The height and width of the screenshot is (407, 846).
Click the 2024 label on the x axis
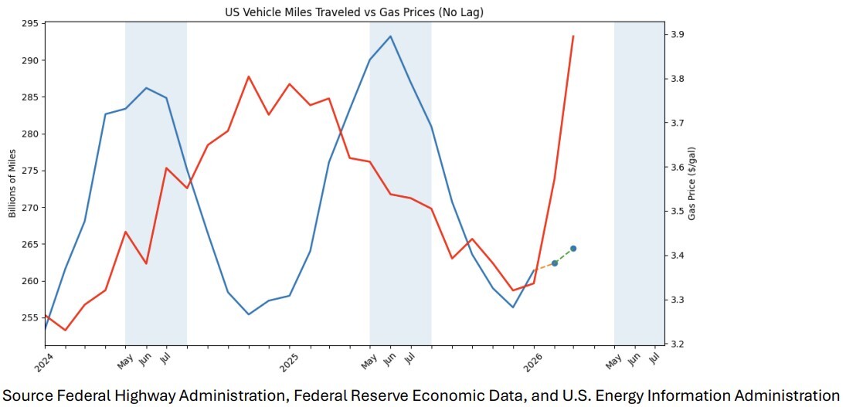coord(45,361)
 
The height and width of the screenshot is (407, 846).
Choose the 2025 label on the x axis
coord(289,361)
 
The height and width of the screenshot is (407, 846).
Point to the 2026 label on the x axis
coord(533,361)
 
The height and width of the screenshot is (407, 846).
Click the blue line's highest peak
coord(390,36)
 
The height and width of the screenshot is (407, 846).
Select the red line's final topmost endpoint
coord(573,36)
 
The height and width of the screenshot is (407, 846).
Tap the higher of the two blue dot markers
coord(573,249)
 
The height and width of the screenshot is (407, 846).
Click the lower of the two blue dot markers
coord(555,263)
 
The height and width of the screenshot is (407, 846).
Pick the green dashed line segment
coord(564,256)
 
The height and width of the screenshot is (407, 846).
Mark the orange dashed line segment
coord(545,266)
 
